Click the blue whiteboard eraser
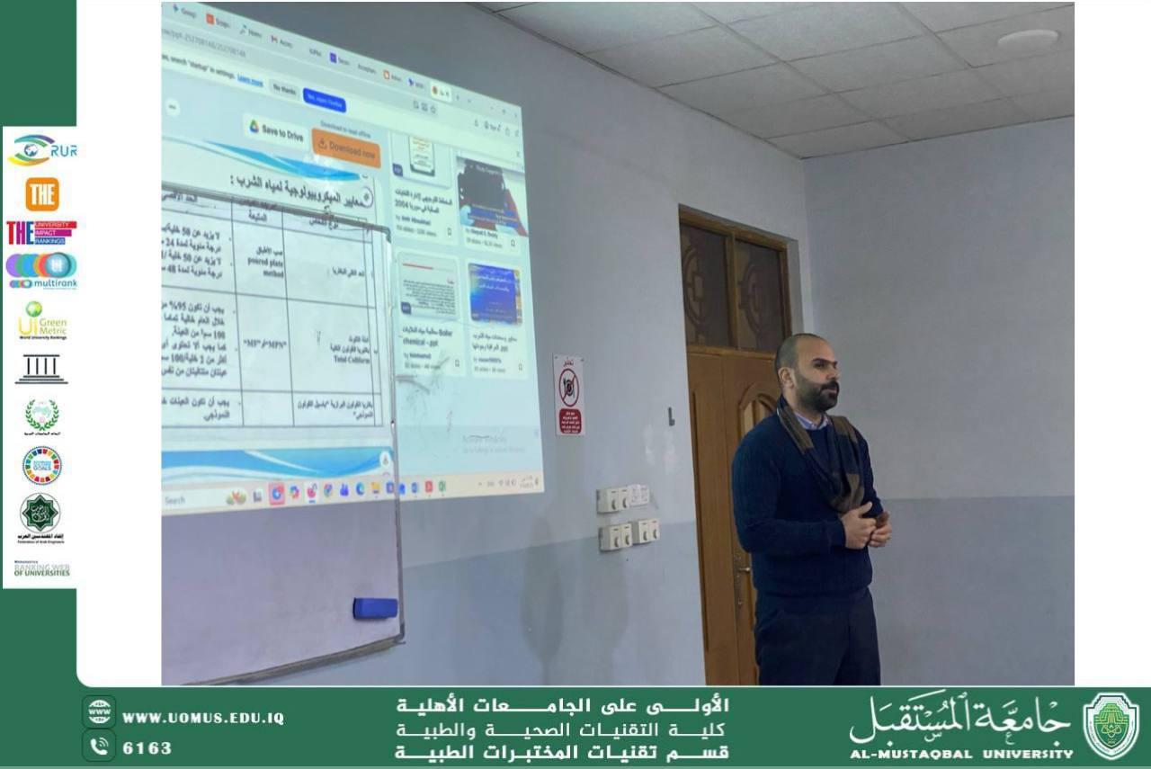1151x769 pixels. coord(375,608)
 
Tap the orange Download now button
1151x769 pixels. coord(346,146)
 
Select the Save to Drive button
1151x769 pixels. coord(275,131)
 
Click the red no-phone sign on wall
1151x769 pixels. coord(568,394)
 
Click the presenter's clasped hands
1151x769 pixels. coord(865,528)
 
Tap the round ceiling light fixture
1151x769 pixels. coord(1028,39)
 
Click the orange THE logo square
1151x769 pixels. coord(41,194)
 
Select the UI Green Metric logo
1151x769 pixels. coord(41,320)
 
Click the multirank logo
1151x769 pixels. coord(41,270)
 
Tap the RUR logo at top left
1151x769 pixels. coord(41,150)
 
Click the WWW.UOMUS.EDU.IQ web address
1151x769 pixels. coord(202,718)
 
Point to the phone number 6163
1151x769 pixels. coord(147,748)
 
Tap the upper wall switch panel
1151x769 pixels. coord(623,498)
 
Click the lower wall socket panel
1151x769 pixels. coord(629,534)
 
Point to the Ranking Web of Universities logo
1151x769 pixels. coord(41,570)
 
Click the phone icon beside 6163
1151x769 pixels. coord(99,747)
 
